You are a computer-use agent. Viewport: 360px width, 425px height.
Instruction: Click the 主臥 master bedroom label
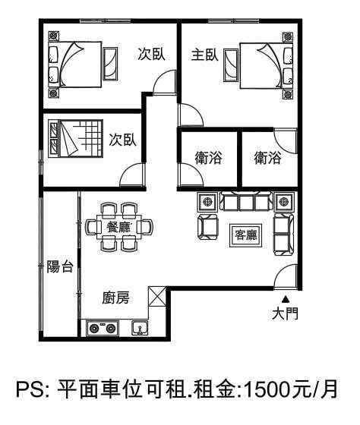205,55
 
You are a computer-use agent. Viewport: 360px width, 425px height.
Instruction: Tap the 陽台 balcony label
60,266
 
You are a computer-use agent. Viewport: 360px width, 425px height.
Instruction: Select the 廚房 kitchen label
116,297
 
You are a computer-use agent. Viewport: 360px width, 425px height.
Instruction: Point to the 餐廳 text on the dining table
118,227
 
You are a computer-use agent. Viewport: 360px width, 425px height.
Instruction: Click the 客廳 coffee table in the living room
245,235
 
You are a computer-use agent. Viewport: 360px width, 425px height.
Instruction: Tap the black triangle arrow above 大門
285,299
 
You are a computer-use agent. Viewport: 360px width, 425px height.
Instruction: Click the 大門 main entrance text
285,313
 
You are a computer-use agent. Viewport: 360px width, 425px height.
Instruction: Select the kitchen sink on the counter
140,328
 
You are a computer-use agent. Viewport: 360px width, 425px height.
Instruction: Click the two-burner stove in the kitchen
103,328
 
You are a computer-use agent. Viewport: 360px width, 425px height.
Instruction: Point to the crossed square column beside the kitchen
157,296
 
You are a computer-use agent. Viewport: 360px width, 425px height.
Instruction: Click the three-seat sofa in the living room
246,201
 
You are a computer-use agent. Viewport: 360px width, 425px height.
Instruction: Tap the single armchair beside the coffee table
208,227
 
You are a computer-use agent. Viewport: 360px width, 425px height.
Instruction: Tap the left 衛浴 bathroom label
208,158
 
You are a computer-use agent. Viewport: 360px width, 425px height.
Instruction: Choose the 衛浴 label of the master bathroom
267,158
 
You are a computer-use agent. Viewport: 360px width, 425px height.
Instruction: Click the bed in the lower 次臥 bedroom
76,139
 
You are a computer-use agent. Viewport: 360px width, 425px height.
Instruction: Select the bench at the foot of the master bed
231,65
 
